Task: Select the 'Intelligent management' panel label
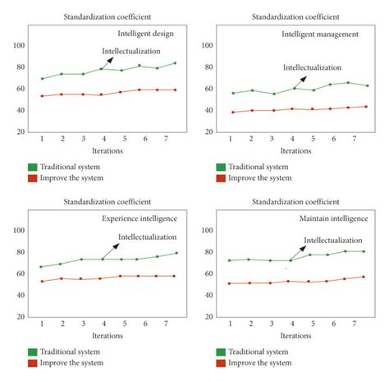321,34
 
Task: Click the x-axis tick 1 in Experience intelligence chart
42,324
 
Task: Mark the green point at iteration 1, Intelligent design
42,79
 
